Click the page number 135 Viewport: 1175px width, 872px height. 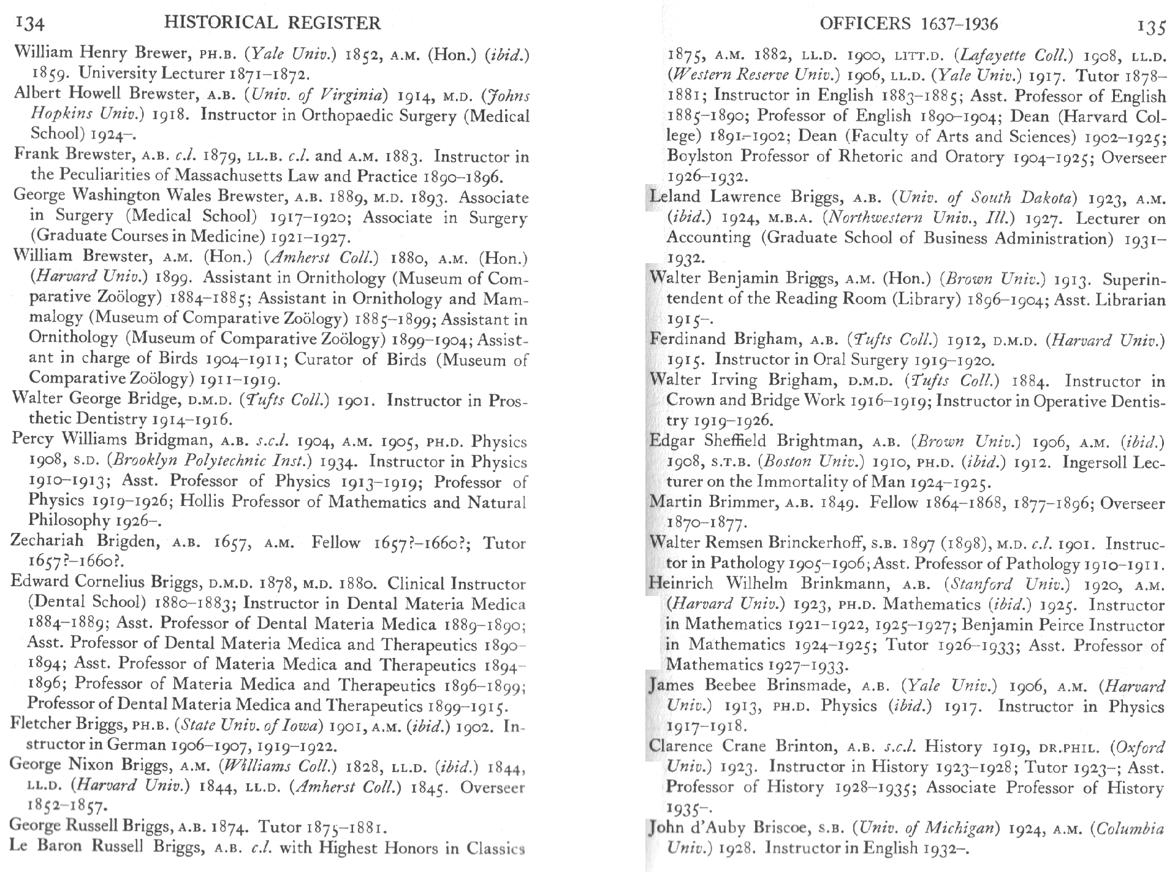pyautogui.click(x=1150, y=26)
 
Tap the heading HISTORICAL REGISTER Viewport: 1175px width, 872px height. pyautogui.click(x=273, y=23)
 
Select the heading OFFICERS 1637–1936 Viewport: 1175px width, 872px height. pyautogui.click(x=908, y=24)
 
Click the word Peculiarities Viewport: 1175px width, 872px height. pyautogui.click(x=115, y=176)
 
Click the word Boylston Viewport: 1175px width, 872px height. pyautogui.click(x=699, y=157)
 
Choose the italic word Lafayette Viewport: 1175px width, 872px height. pyautogui.click(x=990, y=55)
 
